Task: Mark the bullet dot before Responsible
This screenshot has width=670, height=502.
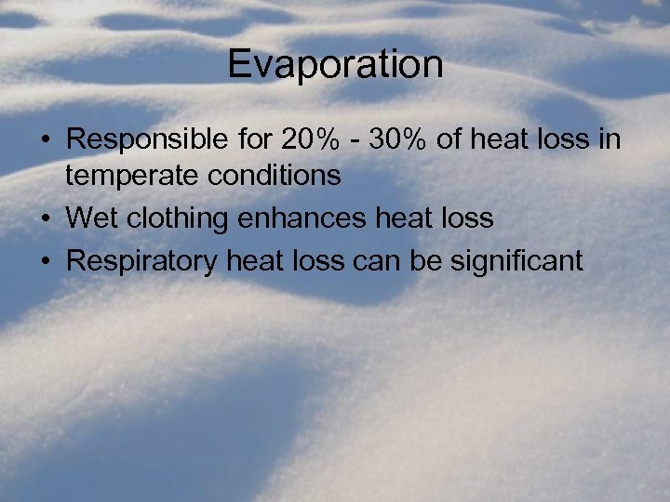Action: [45, 141]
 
